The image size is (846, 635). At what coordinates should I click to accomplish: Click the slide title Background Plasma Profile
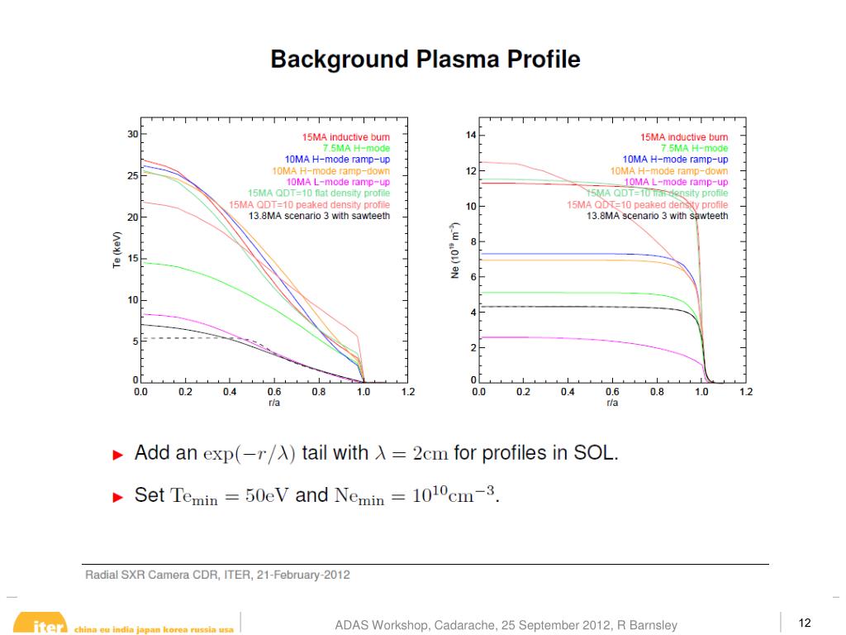(425, 60)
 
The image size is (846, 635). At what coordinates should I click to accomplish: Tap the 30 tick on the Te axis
(132, 134)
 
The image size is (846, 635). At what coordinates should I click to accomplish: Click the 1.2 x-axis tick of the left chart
(407, 392)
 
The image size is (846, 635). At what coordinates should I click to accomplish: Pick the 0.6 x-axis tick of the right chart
(612, 392)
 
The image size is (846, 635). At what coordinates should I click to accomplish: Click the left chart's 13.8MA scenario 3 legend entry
(319, 216)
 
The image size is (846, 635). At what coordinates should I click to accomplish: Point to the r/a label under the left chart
(273, 403)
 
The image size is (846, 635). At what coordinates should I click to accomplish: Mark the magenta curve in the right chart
(578, 339)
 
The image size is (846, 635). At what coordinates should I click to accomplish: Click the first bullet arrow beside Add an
(118, 455)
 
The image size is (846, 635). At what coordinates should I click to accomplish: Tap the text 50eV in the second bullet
(267, 496)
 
